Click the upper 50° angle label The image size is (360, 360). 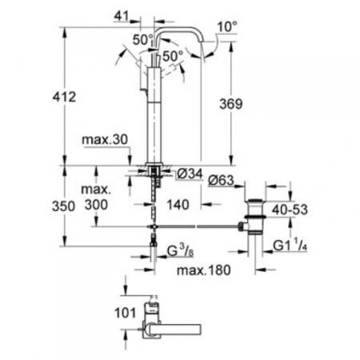click(141, 39)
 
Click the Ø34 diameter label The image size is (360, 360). click(189, 174)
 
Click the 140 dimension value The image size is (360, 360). click(178, 205)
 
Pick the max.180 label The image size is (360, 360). click(203, 270)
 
